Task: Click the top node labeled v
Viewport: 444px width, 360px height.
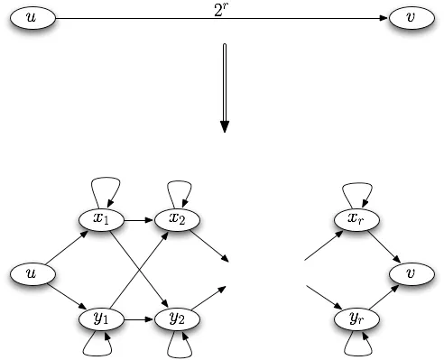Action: tap(411, 19)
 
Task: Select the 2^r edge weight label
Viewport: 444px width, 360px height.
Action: tap(223, 10)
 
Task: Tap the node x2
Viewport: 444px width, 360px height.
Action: tap(177, 219)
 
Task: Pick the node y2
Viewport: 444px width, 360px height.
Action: tap(177, 318)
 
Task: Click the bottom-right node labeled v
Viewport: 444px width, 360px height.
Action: tap(412, 271)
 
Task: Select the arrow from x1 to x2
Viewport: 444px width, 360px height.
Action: tap(139, 219)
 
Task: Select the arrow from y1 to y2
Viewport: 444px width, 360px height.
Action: tap(139, 318)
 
